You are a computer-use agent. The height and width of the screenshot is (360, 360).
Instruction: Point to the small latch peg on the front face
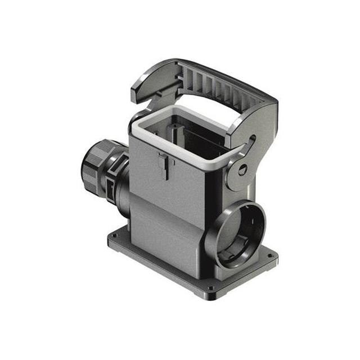click(164, 166)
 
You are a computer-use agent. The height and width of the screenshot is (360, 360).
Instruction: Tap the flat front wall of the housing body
click(169, 214)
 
